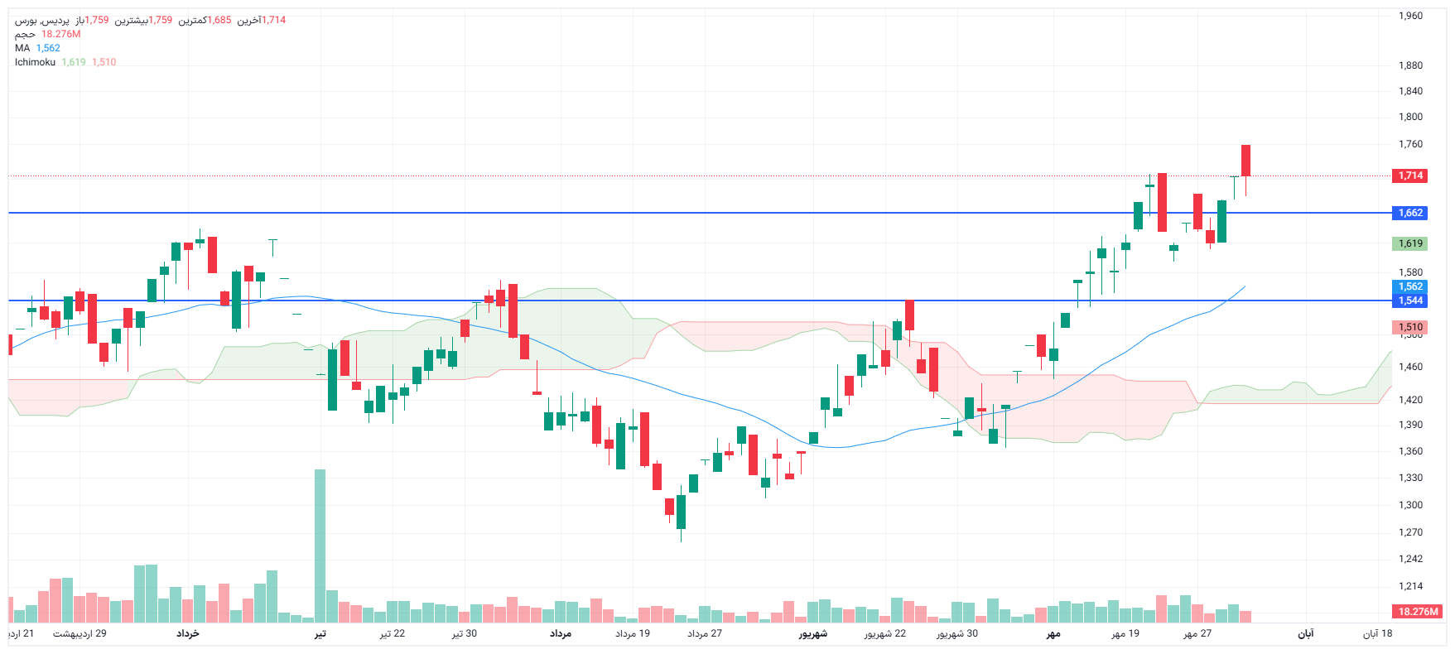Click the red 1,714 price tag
click(x=1410, y=176)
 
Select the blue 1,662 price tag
click(x=1410, y=213)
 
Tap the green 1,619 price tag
click(x=1410, y=243)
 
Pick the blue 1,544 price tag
click(x=1410, y=301)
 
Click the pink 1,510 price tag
click(x=1410, y=327)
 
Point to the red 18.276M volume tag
click(x=1418, y=612)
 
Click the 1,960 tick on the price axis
click(x=1410, y=16)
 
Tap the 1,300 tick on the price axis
click(x=1410, y=505)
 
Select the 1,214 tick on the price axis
click(x=1410, y=586)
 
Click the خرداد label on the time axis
click(x=188, y=633)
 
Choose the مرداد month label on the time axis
click(x=561, y=633)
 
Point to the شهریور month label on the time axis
click(x=812, y=633)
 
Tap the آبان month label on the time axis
click(x=1305, y=633)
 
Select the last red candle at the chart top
click(x=1245, y=160)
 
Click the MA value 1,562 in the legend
click(x=48, y=48)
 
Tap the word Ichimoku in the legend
click(x=35, y=62)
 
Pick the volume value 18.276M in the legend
click(x=61, y=34)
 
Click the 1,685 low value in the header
click(x=219, y=20)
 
